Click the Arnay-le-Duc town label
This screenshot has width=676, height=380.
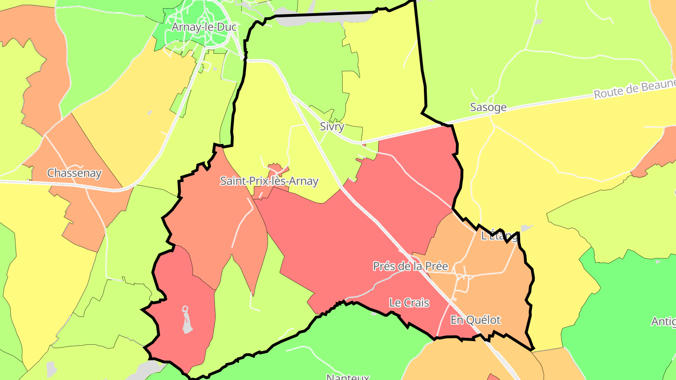coord(204,27)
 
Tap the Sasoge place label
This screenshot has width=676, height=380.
coord(488,107)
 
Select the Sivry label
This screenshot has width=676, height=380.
coord(332,127)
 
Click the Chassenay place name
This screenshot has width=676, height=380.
coord(74,173)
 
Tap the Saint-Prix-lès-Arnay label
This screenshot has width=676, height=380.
coord(269,181)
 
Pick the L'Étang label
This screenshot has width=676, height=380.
coord(499,236)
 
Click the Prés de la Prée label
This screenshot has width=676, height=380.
coord(410,266)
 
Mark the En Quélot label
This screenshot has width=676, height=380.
coord(476,320)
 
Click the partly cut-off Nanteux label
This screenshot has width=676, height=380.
coord(347,377)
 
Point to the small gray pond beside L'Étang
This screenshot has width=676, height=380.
coord(526,228)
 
